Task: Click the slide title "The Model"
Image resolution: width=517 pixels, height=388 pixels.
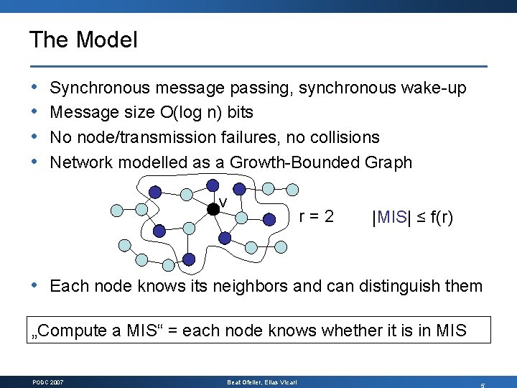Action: [x=83, y=40]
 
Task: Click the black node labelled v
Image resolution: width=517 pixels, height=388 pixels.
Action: [x=213, y=209]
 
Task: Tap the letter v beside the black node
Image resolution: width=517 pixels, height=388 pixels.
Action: [x=223, y=202]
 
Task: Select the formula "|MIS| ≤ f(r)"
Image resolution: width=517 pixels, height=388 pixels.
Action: [x=412, y=216]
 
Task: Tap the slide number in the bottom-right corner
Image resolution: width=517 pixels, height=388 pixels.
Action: [x=483, y=384]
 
